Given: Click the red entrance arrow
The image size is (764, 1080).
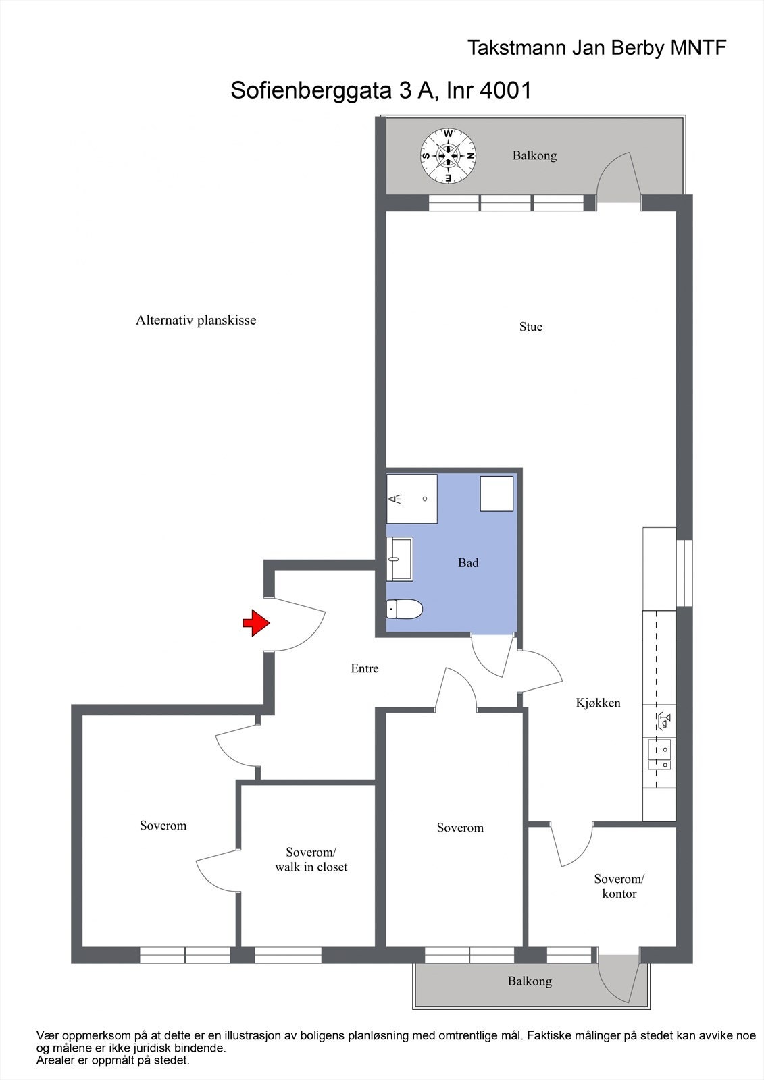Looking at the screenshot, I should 256,622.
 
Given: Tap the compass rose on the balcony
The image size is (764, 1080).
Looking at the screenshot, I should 449,155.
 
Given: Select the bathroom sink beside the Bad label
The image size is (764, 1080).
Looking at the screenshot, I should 399,559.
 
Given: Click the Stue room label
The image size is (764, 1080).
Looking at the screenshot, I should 530,327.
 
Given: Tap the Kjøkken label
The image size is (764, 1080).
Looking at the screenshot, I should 598,703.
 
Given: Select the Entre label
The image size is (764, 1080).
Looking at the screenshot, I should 365,668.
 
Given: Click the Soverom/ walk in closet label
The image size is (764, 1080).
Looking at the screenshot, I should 311,859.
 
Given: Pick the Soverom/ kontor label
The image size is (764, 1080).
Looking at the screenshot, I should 619,886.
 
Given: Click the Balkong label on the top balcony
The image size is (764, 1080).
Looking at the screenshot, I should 534,155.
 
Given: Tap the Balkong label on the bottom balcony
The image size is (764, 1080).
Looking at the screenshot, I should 530,981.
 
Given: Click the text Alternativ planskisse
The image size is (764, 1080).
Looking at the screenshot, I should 196,320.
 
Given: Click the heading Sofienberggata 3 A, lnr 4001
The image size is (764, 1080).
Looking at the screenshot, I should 381,90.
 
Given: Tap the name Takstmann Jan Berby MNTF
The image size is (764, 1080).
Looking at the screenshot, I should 597,48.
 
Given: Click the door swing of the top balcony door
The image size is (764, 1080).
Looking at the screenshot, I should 618,177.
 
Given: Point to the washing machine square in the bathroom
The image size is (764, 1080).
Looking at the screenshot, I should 496,493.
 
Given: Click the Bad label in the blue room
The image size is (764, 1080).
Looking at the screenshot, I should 468,562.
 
